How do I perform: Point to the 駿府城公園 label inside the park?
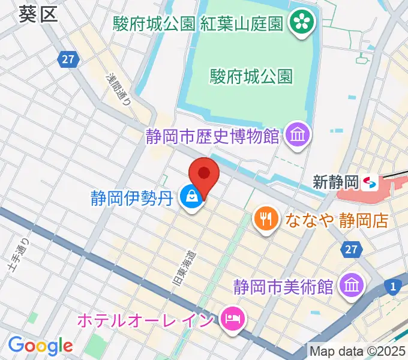coord(251,76)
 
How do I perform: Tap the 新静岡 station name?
coord(335,181)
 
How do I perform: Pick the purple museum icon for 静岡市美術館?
coord(350,285)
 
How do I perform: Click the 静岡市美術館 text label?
coord(283,286)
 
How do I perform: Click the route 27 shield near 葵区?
coord(67,59)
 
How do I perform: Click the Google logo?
coord(40,346)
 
